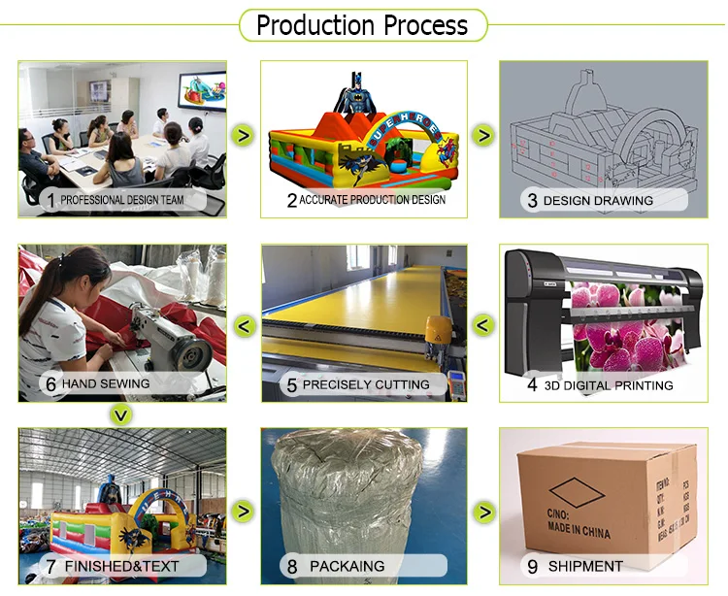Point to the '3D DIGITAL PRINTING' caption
point(608,385)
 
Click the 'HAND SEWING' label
point(106,383)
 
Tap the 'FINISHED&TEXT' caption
point(121,566)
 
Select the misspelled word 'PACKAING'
point(347,566)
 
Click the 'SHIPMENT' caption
point(585,566)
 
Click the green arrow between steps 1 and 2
point(244,135)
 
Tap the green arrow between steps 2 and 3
point(483,135)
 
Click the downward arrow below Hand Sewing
point(120,415)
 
